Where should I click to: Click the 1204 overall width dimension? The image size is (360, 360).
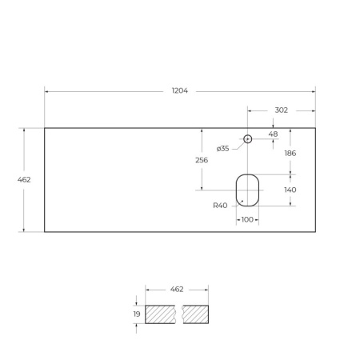[180, 90]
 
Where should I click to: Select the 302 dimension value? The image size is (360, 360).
[281, 110]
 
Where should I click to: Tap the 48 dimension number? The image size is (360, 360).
[274, 134]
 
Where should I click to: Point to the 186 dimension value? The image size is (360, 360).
[290, 153]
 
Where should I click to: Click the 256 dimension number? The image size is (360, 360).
[202, 160]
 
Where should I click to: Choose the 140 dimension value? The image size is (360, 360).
[290, 190]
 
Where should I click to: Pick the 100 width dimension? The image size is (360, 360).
[246, 219]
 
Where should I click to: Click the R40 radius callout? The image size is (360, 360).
[220, 206]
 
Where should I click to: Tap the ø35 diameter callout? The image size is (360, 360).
[222, 148]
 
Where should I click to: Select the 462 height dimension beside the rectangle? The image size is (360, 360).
[24, 180]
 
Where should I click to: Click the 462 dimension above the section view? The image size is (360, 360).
[177, 288]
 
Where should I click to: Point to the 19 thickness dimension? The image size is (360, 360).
[136, 314]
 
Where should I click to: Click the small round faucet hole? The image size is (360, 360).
[248, 139]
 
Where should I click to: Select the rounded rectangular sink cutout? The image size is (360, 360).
[247, 189]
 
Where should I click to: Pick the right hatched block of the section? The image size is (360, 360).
[196, 314]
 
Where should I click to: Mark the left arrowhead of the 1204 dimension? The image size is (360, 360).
[46, 91]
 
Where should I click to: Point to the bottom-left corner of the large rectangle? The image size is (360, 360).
[45, 232]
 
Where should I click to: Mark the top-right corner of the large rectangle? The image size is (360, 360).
[315, 127]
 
